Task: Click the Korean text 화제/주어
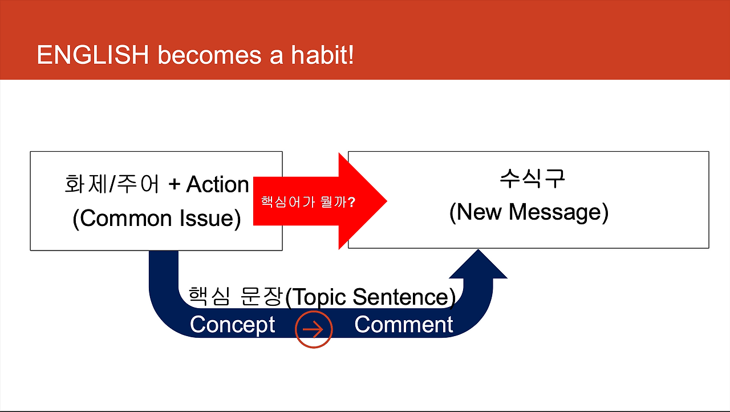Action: coord(112,184)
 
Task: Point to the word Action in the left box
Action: coord(218,184)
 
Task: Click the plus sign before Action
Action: coord(175,185)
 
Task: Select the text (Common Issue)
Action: coord(157,219)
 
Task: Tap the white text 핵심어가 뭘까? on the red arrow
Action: coord(308,202)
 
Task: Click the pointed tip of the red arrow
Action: coord(387,201)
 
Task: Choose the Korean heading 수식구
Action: coord(532,179)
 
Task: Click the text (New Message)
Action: coord(529,212)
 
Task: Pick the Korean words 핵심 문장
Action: coord(236,296)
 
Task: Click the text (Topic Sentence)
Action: coord(371,297)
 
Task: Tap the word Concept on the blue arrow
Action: coord(232,325)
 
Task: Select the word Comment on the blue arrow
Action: coord(403,325)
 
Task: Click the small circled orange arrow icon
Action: coord(314,329)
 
